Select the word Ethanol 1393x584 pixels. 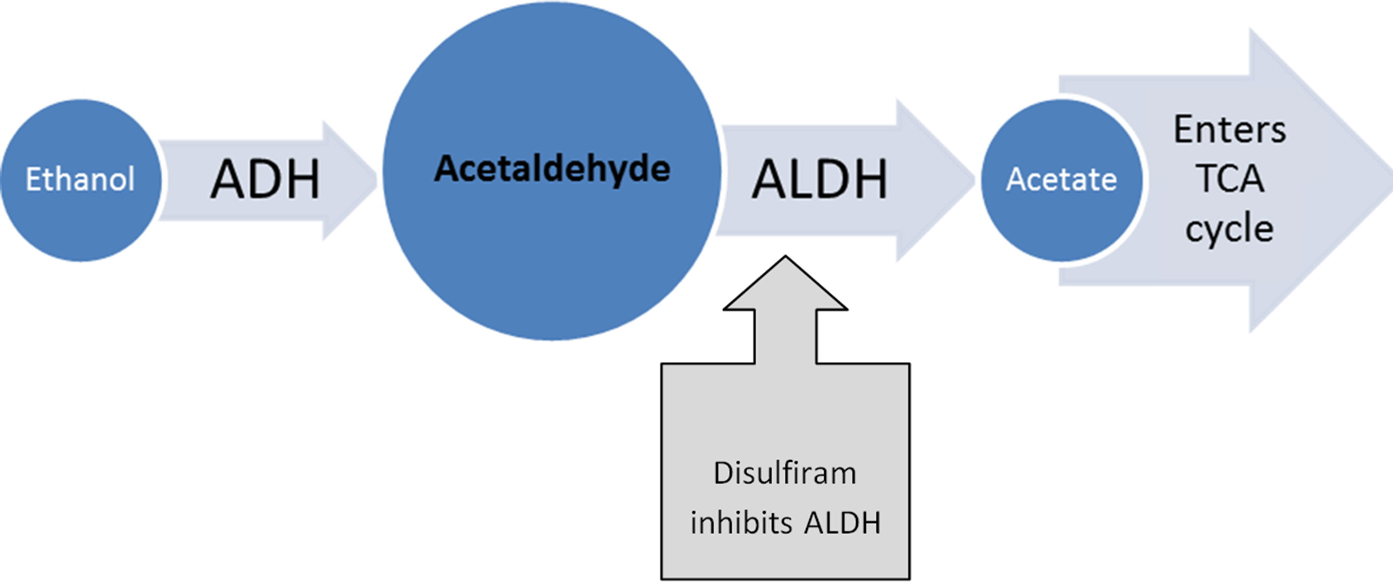(x=80, y=179)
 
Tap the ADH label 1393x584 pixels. (x=265, y=179)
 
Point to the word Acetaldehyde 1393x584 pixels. (x=552, y=169)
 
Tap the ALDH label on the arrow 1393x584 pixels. (x=819, y=179)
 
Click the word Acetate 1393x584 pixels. (x=1061, y=179)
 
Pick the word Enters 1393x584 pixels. (x=1229, y=130)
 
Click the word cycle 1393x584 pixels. (x=1229, y=229)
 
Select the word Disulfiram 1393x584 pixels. (x=785, y=473)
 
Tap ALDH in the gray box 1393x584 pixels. (x=843, y=523)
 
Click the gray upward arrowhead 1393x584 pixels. (x=785, y=286)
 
